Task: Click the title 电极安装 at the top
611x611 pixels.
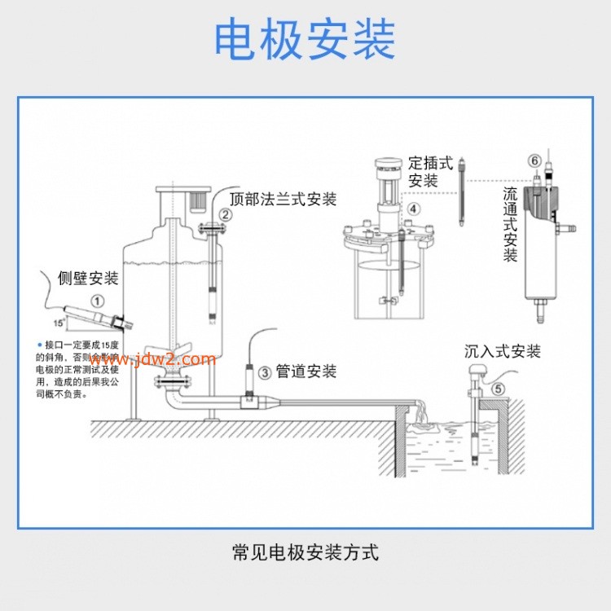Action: [305, 39]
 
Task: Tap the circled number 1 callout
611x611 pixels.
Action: [97, 301]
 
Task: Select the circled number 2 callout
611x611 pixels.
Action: [226, 216]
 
